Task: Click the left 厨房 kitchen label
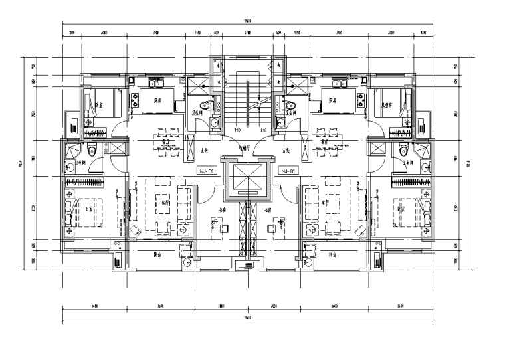point(158,100)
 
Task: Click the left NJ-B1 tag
point(207,171)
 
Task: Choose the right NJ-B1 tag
point(288,171)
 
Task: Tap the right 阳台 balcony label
point(332,254)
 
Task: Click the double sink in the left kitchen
point(157,84)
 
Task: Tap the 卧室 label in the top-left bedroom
point(98,104)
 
